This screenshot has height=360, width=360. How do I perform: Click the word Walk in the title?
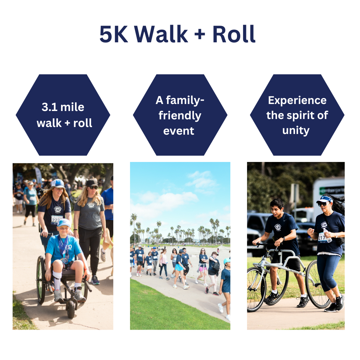click(161, 34)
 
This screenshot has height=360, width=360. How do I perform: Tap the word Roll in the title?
click(234, 34)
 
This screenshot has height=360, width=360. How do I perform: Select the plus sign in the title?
click(200, 34)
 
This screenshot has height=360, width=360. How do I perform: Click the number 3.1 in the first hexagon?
click(50, 107)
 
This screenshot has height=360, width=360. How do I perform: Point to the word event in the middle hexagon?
click(179, 131)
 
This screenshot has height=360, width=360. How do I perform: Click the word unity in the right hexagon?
click(296, 131)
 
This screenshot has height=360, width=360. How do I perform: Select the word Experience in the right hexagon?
click(297, 101)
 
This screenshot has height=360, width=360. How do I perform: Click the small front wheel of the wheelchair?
click(71, 309)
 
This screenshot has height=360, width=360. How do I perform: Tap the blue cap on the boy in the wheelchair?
click(64, 223)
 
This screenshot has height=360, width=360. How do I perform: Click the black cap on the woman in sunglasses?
click(92, 183)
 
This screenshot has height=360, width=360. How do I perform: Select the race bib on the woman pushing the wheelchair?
click(56, 219)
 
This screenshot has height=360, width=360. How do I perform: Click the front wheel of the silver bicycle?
click(256, 290)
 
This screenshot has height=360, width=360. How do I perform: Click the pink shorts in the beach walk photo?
click(203, 269)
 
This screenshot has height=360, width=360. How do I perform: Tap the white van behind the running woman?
click(328, 197)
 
